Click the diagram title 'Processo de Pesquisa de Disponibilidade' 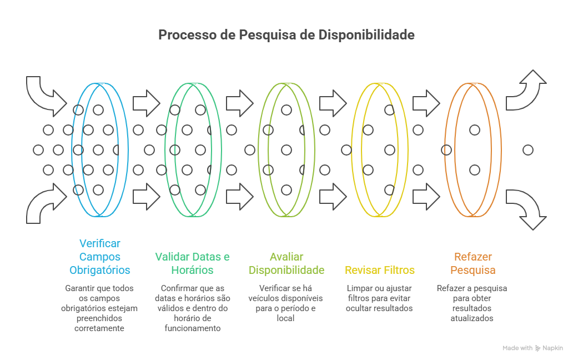click(x=286, y=35)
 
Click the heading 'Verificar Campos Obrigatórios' click(x=100, y=257)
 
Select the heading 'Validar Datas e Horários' click(x=192, y=263)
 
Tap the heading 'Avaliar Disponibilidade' click(x=286, y=263)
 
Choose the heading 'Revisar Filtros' click(x=380, y=271)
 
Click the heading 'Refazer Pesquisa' click(x=473, y=263)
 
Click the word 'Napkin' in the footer click(x=552, y=348)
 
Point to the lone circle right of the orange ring click(x=528, y=149)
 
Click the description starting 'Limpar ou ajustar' click(x=380, y=298)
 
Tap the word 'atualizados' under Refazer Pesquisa click(x=472, y=318)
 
